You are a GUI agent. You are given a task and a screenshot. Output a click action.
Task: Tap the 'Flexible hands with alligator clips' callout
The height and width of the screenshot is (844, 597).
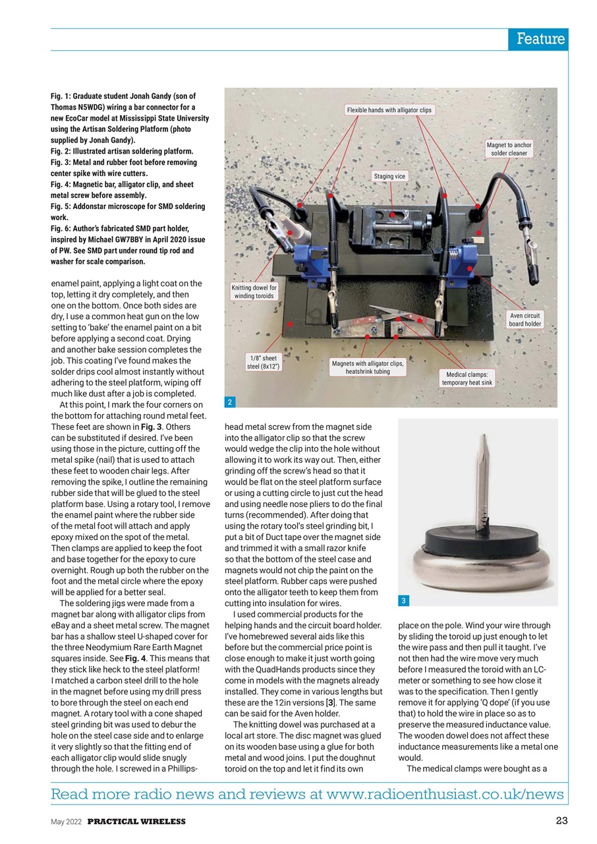(389, 110)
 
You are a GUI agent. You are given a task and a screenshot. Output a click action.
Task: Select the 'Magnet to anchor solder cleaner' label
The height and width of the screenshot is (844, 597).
(509, 149)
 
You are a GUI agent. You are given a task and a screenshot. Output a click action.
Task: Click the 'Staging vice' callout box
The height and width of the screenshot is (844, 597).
(390, 176)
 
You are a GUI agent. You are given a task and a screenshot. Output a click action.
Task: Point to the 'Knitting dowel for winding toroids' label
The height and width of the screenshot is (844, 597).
(254, 291)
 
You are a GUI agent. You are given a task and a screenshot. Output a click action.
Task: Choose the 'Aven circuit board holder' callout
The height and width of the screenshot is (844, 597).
(525, 319)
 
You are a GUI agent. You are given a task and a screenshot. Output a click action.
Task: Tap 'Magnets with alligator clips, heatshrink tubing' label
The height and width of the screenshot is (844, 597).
(368, 367)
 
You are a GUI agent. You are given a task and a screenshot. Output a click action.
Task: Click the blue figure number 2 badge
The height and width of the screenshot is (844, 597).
(229, 402)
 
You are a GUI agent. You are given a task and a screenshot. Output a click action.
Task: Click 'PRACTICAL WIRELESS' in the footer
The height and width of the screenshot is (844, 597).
(136, 822)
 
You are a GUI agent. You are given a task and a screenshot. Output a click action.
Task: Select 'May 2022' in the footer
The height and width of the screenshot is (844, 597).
(67, 822)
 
